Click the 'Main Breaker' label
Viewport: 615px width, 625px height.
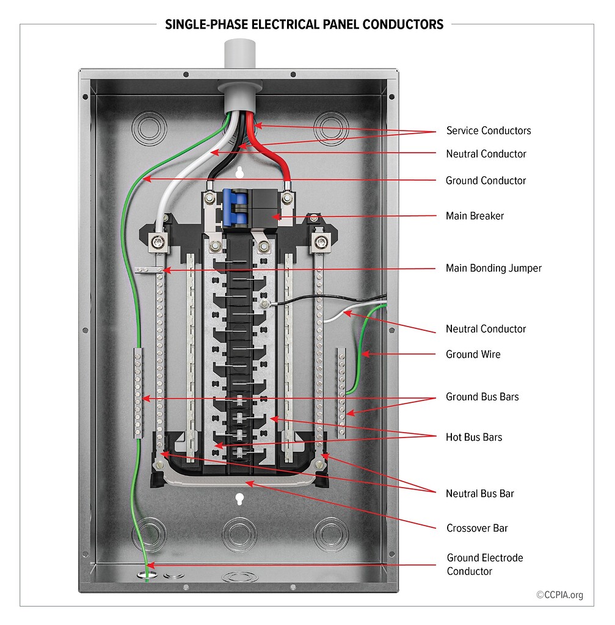(x=475, y=216)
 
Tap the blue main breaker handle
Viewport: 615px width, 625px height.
(x=233, y=207)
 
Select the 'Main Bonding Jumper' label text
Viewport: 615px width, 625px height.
(x=493, y=268)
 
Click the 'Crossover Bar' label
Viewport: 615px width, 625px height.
(x=477, y=528)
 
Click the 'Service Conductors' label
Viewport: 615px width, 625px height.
(x=489, y=131)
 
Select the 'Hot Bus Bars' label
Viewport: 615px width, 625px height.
(x=474, y=437)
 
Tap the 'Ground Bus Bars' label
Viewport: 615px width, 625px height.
(x=482, y=397)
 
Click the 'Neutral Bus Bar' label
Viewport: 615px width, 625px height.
(x=479, y=493)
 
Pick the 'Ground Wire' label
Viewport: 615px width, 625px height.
(x=473, y=354)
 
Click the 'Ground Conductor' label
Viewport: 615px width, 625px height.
(x=486, y=181)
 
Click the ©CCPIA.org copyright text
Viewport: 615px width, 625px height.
(x=559, y=595)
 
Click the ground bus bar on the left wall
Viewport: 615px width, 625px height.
(x=137, y=391)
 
